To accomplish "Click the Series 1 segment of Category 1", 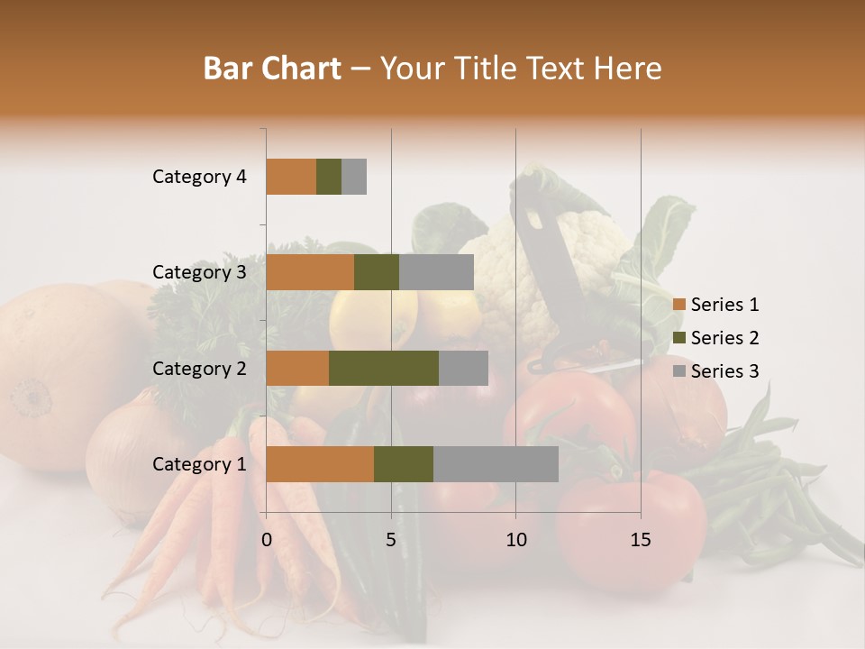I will [320, 464].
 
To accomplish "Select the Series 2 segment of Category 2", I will [384, 368].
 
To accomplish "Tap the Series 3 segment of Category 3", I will [436, 272].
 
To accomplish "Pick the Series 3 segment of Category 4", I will [354, 177].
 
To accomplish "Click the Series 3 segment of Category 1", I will [496, 464].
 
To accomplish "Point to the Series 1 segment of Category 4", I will [291, 177].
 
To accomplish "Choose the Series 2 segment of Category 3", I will [377, 272].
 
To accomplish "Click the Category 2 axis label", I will [199, 369].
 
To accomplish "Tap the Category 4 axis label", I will [199, 177].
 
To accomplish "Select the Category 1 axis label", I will [199, 464].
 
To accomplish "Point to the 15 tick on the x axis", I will [640, 540].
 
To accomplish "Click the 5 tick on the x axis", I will [391, 540].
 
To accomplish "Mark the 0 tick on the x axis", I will [267, 540].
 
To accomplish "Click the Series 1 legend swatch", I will [678, 305].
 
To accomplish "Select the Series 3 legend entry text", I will [724, 371].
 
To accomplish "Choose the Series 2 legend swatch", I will [678, 338].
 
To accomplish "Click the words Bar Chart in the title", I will [272, 69].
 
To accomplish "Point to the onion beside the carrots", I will [126, 451].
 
